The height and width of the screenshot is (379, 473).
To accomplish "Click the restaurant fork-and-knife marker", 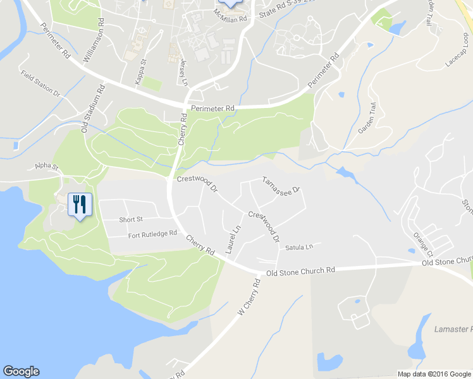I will pyautogui.click(x=79, y=204).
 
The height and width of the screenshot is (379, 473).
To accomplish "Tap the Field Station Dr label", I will pyautogui.click(x=39, y=83).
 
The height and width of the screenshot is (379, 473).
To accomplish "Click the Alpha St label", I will pyautogui.click(x=46, y=167).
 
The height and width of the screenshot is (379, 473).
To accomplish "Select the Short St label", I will pyautogui.click(x=132, y=220).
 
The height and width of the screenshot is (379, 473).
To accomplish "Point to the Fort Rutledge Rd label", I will pyautogui.click(x=152, y=234).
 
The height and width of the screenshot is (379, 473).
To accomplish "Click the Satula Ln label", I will pyautogui.click(x=298, y=248).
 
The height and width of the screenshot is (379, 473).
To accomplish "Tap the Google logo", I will pyautogui.click(x=21, y=371).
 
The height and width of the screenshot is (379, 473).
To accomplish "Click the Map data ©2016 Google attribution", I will pyautogui.click(x=433, y=374).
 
